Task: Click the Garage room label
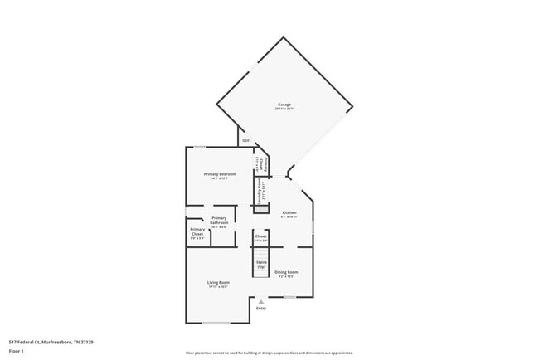284,105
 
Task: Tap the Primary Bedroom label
220,173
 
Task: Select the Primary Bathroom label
219,220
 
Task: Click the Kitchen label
289,213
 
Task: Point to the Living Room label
217,283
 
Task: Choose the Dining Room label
286,272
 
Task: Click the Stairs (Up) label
261,264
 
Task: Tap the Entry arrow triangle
261,301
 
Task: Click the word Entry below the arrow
261,309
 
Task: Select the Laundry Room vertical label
260,190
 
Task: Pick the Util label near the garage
245,140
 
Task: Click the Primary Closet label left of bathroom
197,231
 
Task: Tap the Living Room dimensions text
217,287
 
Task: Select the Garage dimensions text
284,109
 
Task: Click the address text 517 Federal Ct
51,342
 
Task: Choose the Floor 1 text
17,351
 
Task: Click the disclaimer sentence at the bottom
269,353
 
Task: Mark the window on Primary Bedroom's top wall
200,148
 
